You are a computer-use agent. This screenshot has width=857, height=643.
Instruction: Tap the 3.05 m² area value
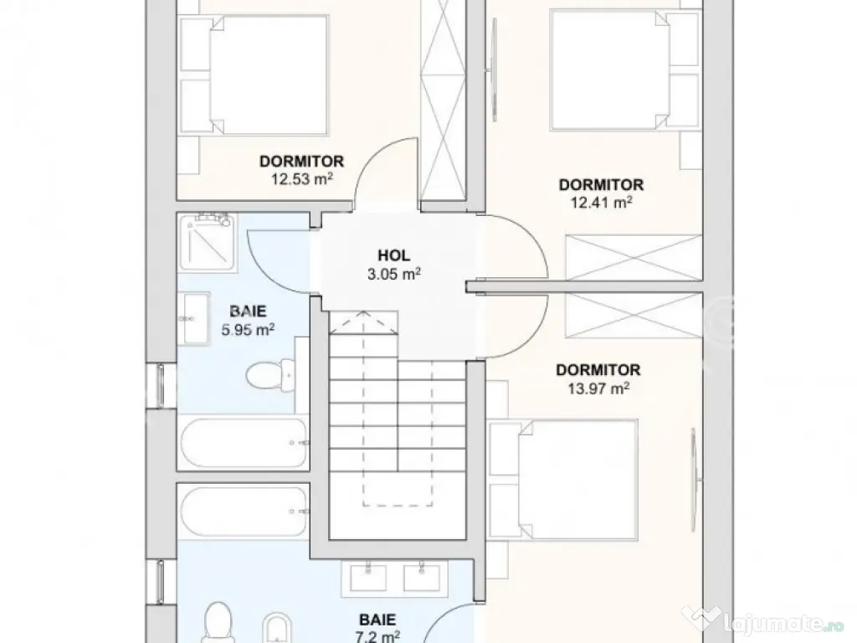coord(392,273)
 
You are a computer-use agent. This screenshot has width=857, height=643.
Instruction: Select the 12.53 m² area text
coord(300,177)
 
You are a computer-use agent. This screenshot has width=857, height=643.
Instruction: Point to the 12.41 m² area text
coord(600,201)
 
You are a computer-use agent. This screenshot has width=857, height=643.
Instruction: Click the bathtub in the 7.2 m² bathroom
coord(244,510)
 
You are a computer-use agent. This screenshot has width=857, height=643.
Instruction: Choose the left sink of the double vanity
coord(362,578)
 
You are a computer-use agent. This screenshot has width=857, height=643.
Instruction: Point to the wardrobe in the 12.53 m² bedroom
coord(444,100)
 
